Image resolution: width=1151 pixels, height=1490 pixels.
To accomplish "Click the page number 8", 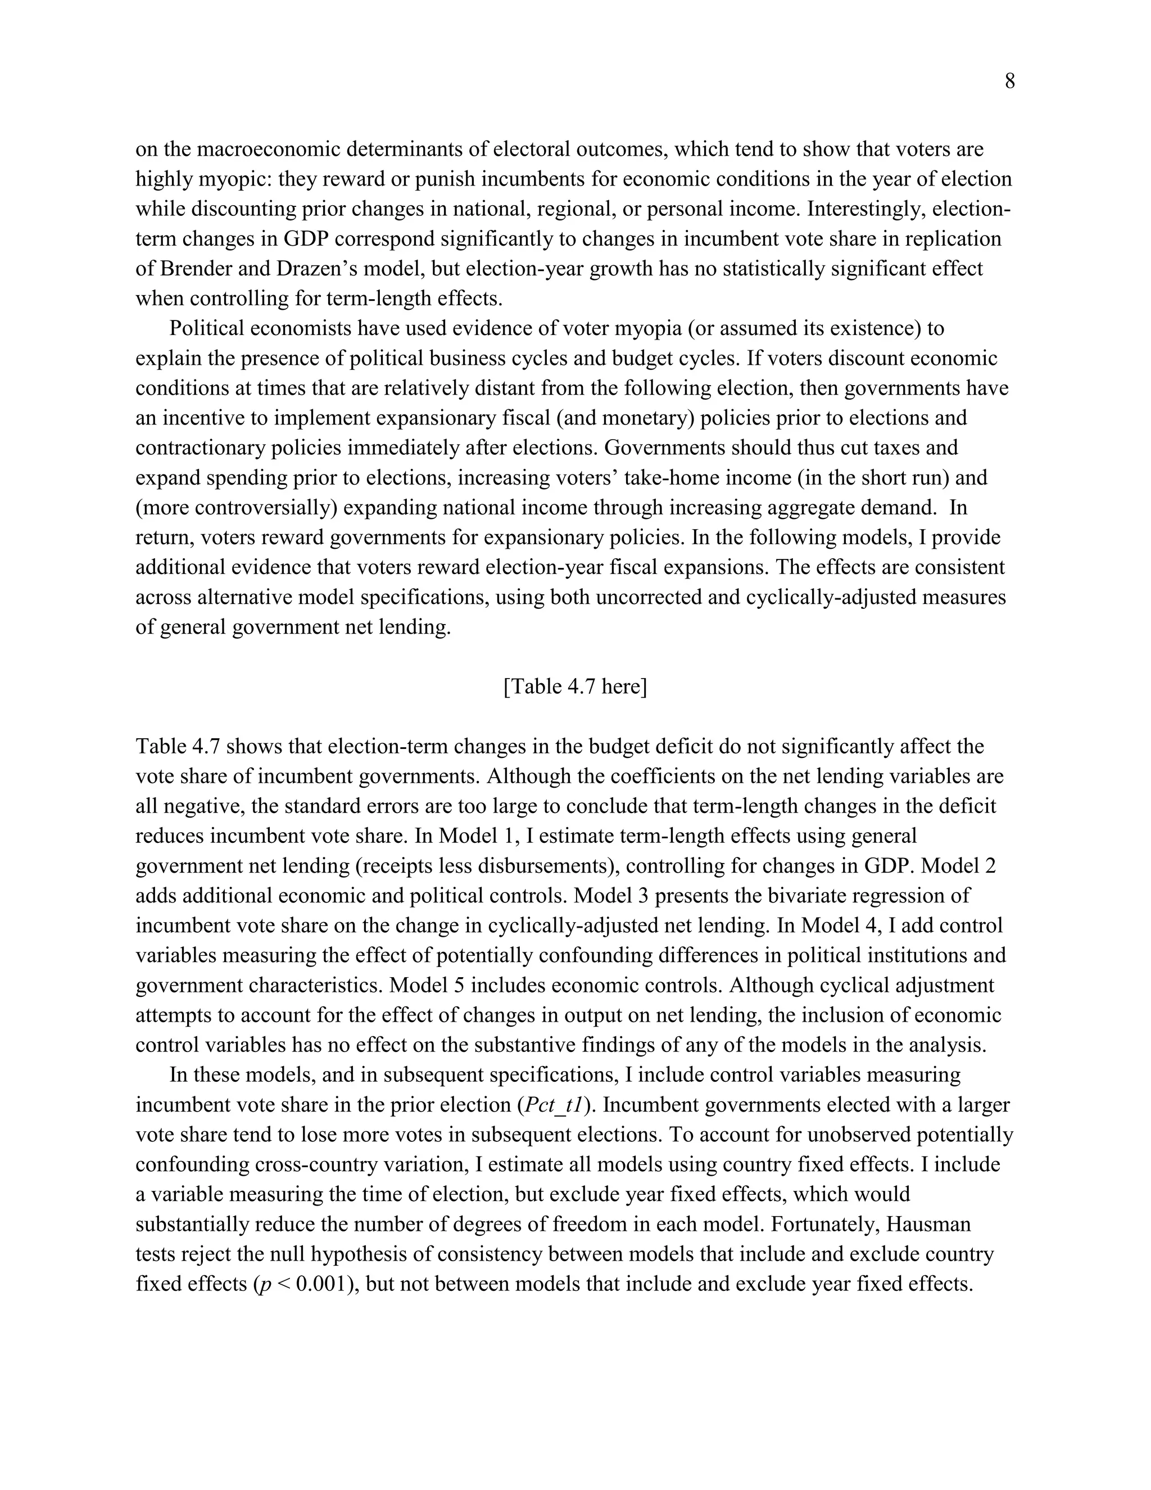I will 1010,82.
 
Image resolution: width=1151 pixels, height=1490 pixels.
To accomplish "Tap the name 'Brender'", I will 197,269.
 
